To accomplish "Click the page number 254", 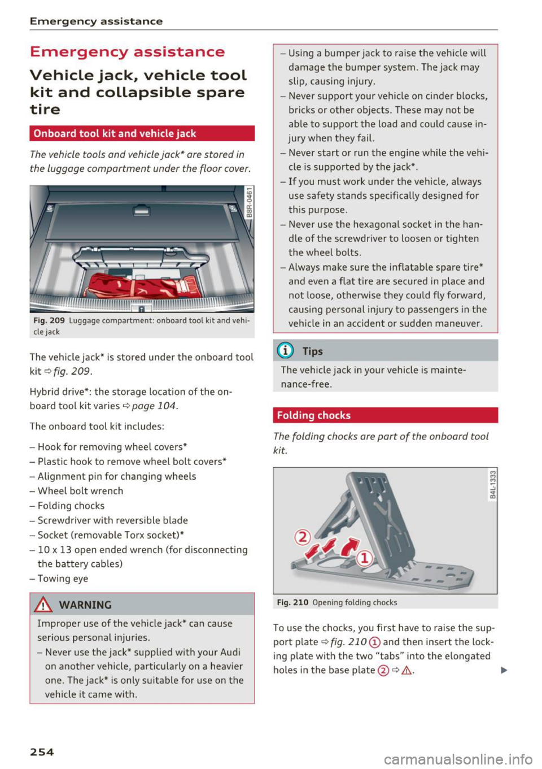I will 42,752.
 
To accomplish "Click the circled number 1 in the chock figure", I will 365,558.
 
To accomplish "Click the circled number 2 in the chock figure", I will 303,537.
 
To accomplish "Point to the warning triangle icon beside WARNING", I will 43,605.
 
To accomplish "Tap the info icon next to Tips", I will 286,351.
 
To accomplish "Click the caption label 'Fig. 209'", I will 49,320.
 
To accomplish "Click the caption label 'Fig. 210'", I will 292,602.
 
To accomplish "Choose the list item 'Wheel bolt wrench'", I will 80,491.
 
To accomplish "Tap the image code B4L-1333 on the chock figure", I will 492,485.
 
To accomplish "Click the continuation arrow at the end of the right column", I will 504,670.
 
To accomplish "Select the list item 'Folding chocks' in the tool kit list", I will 71,506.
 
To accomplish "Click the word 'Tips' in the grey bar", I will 312,351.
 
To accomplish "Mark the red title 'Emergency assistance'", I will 127,52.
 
